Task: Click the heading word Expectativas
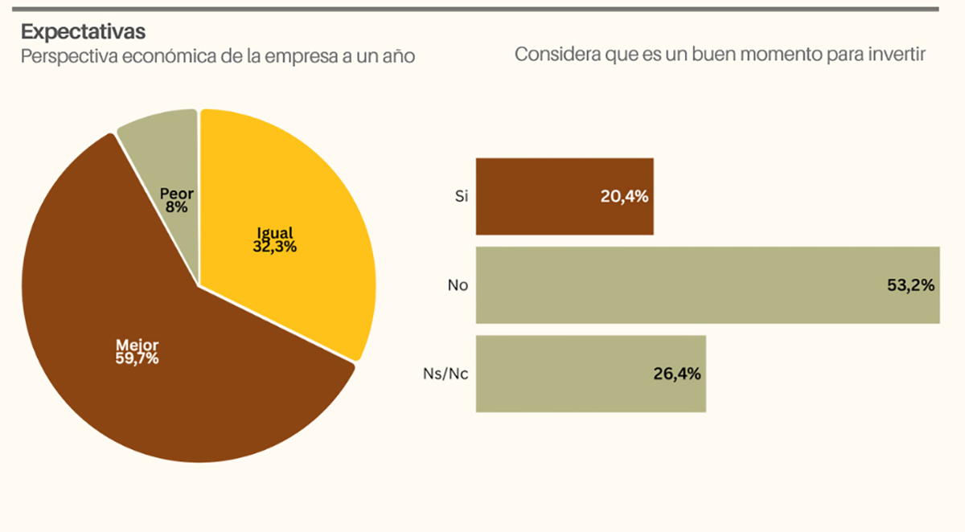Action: tap(83, 31)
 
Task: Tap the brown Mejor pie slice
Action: tap(161, 386)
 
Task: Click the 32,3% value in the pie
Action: tap(274, 247)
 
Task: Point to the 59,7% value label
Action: tap(137, 358)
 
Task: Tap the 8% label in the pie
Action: tap(177, 207)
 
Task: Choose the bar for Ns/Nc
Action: tap(563, 374)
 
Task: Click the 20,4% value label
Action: tap(624, 197)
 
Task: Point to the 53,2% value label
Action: tap(910, 285)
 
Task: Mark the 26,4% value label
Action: tap(676, 374)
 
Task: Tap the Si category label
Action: tap(461, 197)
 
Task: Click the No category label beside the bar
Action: tap(458, 285)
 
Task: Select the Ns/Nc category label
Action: tap(446, 374)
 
